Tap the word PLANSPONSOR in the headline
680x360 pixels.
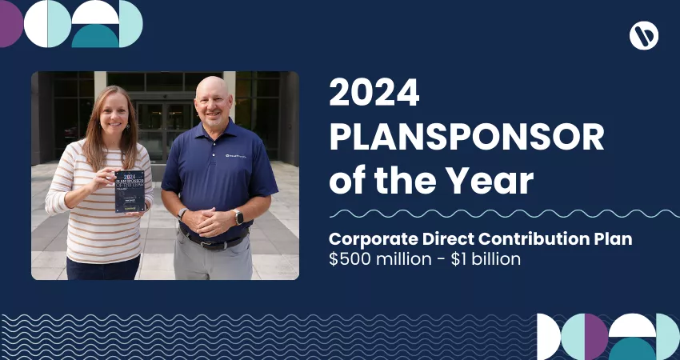coord(466,139)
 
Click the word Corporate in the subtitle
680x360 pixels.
coord(372,240)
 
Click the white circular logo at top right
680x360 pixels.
coord(644,35)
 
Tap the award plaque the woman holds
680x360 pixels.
coord(130,191)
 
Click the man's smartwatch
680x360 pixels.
coord(238,216)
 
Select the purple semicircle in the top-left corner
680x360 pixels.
coord(10,24)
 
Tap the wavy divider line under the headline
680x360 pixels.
coord(504,214)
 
